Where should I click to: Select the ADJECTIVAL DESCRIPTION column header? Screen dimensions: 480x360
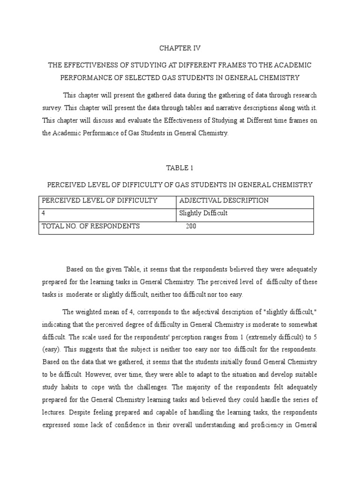point(224,201)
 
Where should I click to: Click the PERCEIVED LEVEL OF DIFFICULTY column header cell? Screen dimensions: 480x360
point(99,201)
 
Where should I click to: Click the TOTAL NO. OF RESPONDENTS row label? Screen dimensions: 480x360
point(91,226)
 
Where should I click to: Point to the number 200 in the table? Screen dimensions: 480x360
point(191,226)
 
